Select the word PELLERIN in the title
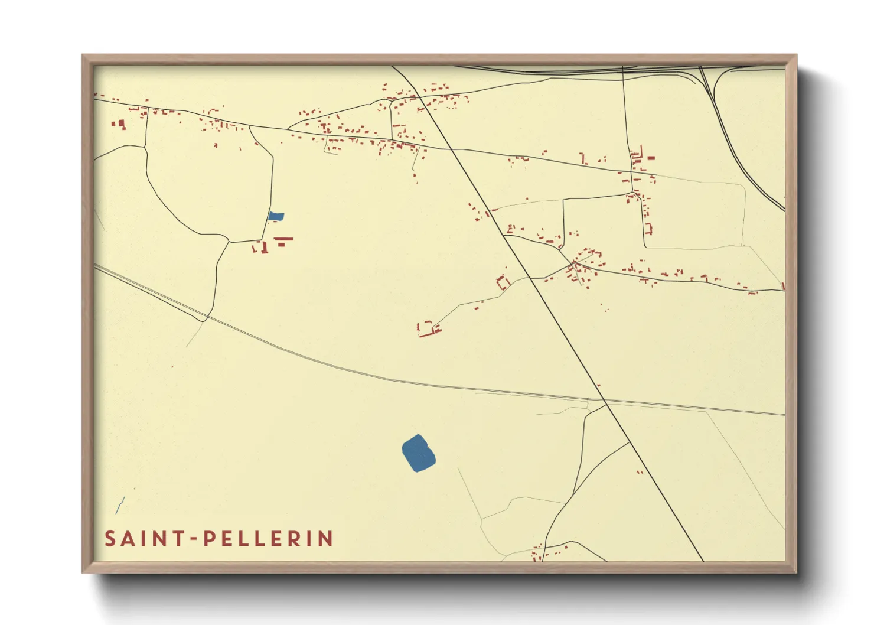coord(269,539)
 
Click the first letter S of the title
coord(110,539)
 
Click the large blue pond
coord(419,453)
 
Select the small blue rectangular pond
coord(276,216)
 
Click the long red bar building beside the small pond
coord(284,239)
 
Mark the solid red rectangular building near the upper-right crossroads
coord(651,158)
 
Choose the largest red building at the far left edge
coord(121,124)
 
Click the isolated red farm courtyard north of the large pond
coord(429,329)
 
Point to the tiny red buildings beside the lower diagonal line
coord(640,471)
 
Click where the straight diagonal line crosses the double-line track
coord(606,403)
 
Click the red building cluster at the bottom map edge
coord(538,553)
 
